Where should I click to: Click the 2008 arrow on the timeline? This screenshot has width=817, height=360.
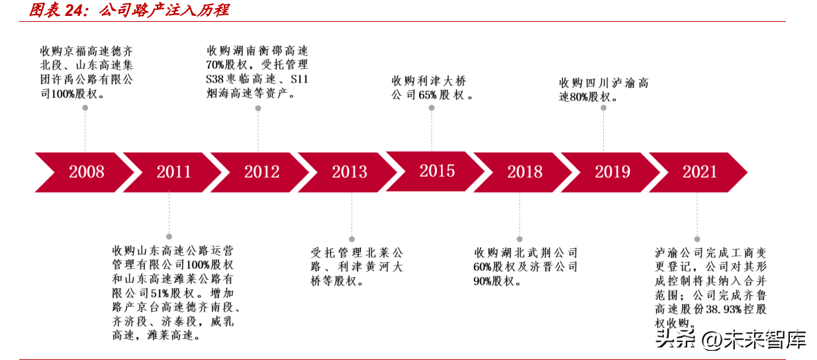point(85,172)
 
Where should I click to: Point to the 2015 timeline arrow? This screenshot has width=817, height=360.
point(436,171)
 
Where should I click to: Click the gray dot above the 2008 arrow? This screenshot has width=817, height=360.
point(85,108)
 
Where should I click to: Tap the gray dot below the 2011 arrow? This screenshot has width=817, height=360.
point(169,236)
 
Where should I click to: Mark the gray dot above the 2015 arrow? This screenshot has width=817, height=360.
point(432,108)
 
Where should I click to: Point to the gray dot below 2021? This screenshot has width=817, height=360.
point(697,239)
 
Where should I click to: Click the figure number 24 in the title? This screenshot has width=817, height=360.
point(73,10)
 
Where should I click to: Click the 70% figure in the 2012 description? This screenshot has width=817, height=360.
point(215,65)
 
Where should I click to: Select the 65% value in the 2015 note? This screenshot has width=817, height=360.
point(428,95)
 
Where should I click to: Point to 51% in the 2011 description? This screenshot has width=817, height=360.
point(160,293)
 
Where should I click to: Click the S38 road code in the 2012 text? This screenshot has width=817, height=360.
point(215,79)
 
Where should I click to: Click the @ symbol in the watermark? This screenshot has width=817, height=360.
point(711,340)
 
